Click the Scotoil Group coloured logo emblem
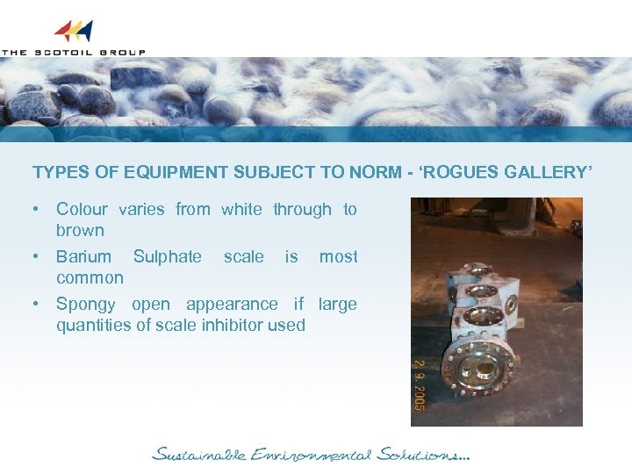74,32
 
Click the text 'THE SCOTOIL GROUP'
74,52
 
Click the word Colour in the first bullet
82,209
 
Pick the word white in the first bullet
241,209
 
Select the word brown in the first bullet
80,230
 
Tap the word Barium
83,256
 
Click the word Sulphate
167,256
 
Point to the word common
90,277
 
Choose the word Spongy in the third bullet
85,305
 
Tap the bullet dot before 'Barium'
37,256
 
